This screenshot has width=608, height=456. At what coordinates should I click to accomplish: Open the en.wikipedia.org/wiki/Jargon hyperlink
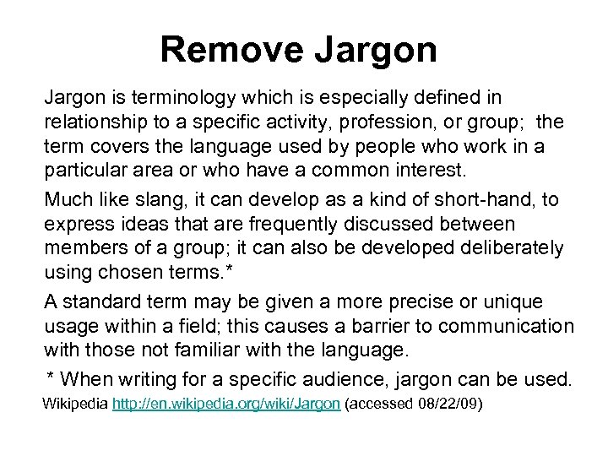(226, 404)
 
